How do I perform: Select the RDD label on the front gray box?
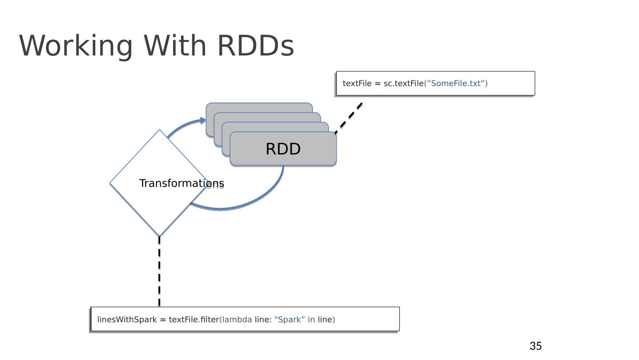[283, 149]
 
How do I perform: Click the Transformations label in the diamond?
[181, 183]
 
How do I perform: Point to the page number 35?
[536, 346]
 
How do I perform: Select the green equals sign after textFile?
[378, 83]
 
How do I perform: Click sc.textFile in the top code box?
[403, 83]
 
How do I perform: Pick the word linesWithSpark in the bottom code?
[127, 320]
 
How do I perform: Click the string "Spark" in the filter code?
[290, 320]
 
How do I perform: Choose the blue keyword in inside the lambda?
[311, 320]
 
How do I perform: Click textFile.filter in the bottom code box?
[194, 320]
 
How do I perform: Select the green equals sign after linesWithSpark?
[163, 320]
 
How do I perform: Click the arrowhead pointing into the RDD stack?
[203, 120]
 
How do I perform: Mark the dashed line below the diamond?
[159, 271]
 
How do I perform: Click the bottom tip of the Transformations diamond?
[159, 236]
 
